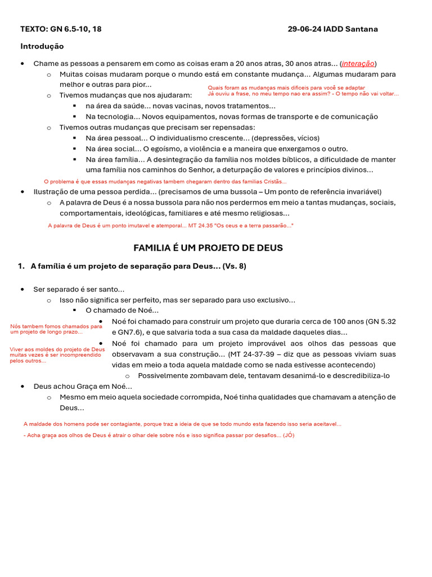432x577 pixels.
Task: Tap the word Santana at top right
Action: click(361, 29)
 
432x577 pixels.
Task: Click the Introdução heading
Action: click(42, 46)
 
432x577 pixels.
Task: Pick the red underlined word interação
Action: click(358, 64)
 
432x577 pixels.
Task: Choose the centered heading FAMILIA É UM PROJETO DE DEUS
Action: click(208, 248)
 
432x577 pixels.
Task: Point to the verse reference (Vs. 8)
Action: click(234, 266)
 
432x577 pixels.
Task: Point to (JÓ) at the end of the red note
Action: click(288, 436)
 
